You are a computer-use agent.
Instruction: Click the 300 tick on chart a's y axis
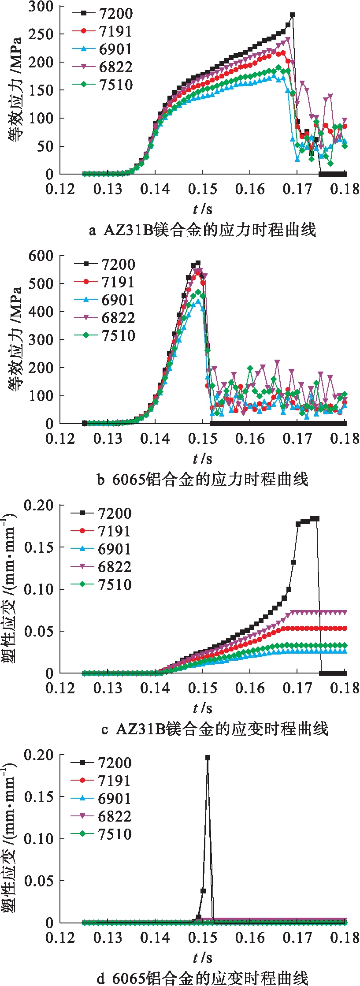pos(41,7)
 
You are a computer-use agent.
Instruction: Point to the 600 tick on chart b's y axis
pos(41,256)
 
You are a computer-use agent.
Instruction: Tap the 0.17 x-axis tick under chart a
pos(297,189)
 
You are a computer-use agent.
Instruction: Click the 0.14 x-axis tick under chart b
pos(155,439)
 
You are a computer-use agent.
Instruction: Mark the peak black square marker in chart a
pos(292,15)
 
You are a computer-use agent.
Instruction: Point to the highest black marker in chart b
pos(198,264)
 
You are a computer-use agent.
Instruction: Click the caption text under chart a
pos(202,230)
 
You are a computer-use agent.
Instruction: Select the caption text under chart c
pos(215,729)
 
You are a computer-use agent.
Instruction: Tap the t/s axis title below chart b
pos(202,459)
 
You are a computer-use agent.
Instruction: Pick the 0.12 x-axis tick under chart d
pos(60,938)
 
